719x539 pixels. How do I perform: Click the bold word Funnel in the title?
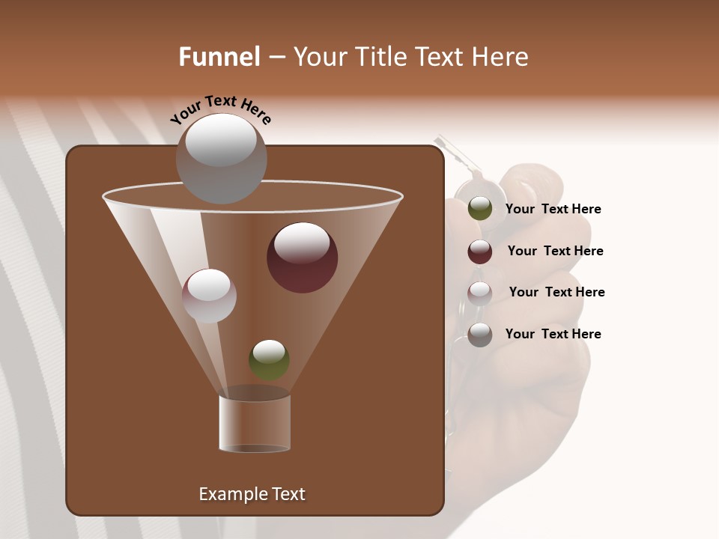[219, 57]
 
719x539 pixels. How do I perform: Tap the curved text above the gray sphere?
[220, 110]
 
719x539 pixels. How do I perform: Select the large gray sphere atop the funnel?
[221, 159]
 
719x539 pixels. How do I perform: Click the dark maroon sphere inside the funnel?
[302, 258]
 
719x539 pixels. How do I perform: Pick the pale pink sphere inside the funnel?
[209, 296]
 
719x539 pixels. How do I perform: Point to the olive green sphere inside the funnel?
[269, 359]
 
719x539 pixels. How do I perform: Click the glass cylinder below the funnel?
[255, 423]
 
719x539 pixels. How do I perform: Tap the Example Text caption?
[252, 494]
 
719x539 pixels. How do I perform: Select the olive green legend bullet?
[480, 209]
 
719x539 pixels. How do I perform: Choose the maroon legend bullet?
[480, 252]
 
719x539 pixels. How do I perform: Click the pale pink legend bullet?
[480, 293]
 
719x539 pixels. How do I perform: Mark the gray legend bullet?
[480, 335]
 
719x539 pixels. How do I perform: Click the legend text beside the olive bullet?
[553, 210]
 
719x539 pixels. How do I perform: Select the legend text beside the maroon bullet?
[555, 252]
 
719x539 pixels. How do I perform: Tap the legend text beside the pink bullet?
[556, 293]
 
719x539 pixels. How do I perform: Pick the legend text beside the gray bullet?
[553, 335]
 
